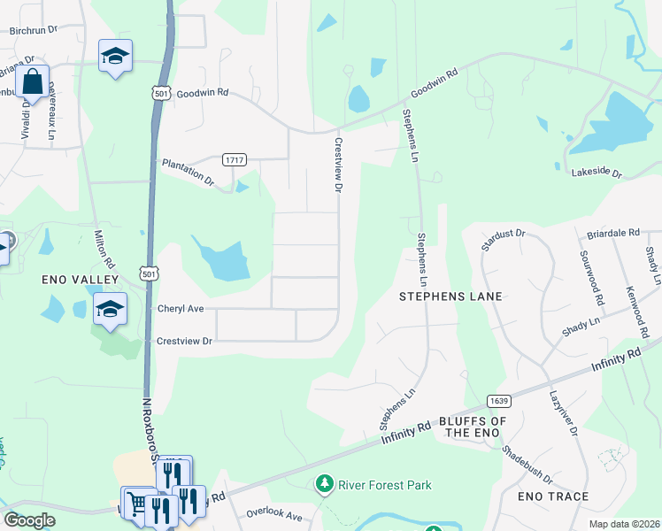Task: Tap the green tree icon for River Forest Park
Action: click(325, 484)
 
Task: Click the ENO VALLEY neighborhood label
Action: click(81, 280)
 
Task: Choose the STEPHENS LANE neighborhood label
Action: click(450, 296)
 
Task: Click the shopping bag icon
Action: click(32, 81)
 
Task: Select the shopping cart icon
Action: click(136, 504)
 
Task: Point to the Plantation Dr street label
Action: click(188, 172)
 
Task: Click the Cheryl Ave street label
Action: click(181, 309)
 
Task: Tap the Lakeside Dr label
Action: click(597, 171)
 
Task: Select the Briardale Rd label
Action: click(612, 233)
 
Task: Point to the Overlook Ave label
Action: click(274, 515)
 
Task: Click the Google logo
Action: click(29, 520)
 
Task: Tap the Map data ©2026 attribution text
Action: click(624, 524)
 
